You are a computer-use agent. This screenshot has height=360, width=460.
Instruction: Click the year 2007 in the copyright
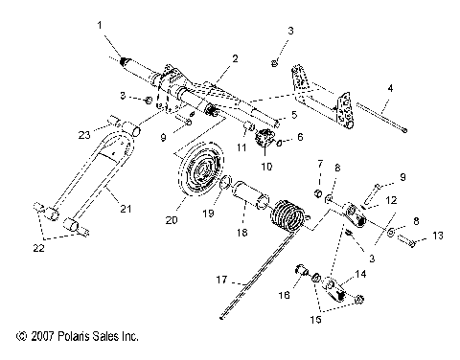(x=43, y=336)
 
